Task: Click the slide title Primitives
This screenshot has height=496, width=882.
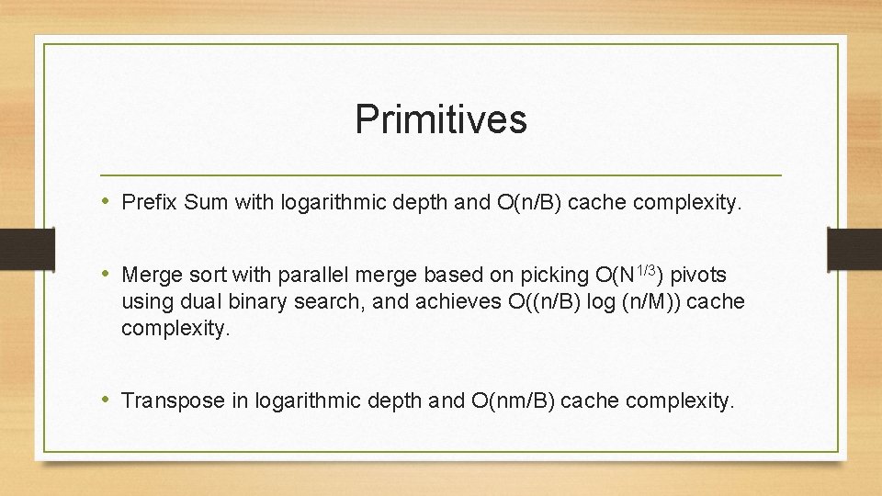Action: tap(441, 119)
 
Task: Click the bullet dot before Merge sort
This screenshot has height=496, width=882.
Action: tap(108, 274)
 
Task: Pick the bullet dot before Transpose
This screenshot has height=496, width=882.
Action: tap(108, 400)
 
